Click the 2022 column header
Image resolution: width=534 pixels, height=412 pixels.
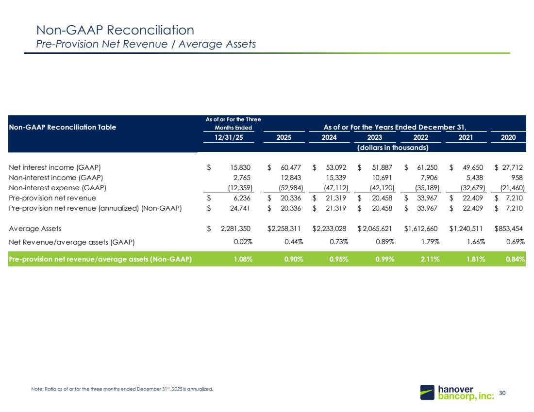pos(420,137)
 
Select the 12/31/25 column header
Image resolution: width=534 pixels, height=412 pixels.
pos(229,137)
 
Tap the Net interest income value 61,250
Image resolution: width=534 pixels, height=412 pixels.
pos(427,167)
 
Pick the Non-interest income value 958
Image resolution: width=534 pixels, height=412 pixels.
pos(517,178)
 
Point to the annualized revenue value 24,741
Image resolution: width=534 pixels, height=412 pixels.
pos(240,208)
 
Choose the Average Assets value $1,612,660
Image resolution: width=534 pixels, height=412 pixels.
pos(421,229)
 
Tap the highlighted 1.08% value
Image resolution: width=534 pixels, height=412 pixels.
pos(243,259)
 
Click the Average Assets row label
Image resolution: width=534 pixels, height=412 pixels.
pos(35,229)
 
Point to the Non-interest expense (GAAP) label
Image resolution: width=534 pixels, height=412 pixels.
pos(58,188)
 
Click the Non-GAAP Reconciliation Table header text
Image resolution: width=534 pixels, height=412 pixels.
pos(62,127)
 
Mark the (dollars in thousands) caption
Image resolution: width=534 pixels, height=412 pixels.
pos(393,148)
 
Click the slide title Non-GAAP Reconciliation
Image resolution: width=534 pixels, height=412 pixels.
pos(115,30)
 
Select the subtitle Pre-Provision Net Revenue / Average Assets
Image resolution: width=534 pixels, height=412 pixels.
pos(146,44)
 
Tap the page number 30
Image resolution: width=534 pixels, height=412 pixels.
pos(502,393)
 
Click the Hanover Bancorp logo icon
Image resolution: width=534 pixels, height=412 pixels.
pos(427,392)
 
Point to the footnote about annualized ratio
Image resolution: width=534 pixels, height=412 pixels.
pos(122,389)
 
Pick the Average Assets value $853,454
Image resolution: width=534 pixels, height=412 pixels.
pos(508,229)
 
